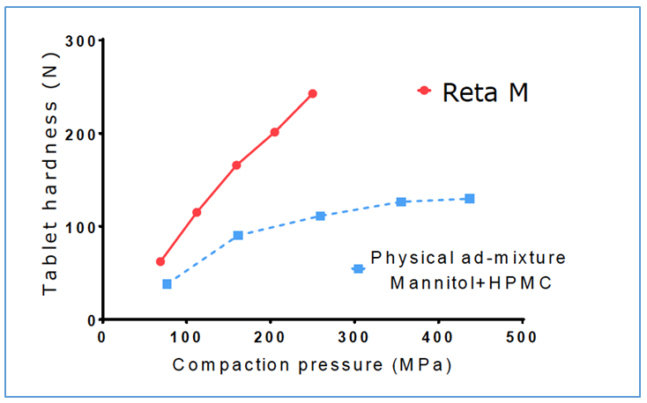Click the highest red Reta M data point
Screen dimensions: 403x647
[312, 93]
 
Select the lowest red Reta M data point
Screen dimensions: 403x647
[160, 261]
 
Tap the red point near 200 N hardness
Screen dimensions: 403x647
[274, 132]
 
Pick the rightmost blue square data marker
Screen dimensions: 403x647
[469, 199]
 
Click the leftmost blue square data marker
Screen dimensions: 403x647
[167, 283]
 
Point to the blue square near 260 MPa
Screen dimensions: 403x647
[320, 216]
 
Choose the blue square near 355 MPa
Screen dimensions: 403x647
[401, 201]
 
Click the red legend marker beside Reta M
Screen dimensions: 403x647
[424, 91]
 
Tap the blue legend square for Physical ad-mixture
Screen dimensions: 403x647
[358, 268]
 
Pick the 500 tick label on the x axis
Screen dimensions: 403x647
[522, 336]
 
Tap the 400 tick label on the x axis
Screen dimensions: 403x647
[438, 336]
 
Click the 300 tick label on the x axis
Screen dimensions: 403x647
[354, 336]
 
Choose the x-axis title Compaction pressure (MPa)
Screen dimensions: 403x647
[313, 363]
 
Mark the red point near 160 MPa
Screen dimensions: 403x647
[236, 165]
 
